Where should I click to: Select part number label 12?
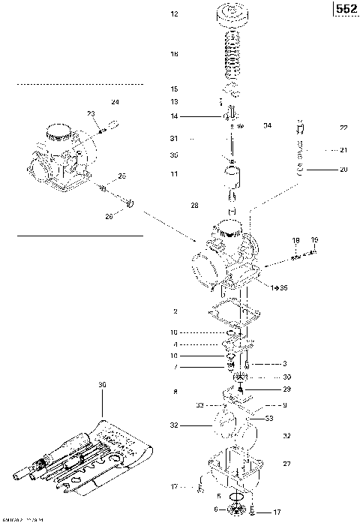[174, 14]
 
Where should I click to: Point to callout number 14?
[174, 116]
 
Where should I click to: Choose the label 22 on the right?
[343, 128]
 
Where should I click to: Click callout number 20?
[343, 170]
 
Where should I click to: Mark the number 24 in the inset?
[115, 101]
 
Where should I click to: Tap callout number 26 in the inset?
[109, 217]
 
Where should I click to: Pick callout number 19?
[314, 240]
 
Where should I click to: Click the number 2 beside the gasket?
[174, 311]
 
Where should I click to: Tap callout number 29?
[286, 389]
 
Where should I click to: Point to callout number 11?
[174, 174]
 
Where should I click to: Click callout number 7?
[174, 367]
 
